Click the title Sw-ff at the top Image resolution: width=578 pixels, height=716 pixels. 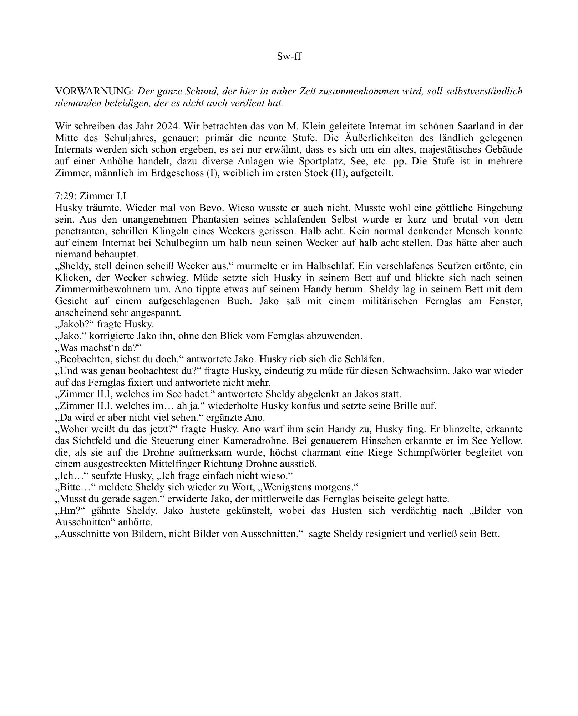click(x=289, y=56)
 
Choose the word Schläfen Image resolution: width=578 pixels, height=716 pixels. click(x=366, y=359)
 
